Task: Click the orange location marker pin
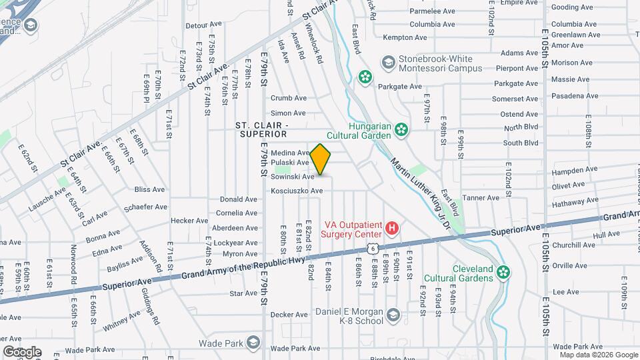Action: [320, 159]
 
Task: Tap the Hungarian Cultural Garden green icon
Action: [401, 129]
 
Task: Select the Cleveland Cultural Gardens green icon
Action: [505, 271]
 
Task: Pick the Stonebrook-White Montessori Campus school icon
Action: [388, 63]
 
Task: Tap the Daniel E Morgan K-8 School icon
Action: [393, 314]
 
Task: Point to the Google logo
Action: [22, 351]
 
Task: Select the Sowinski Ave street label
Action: [292, 177]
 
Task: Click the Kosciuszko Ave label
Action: [296, 191]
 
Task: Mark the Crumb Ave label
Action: [288, 98]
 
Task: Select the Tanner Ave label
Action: [481, 198]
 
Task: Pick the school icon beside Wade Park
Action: [252, 343]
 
